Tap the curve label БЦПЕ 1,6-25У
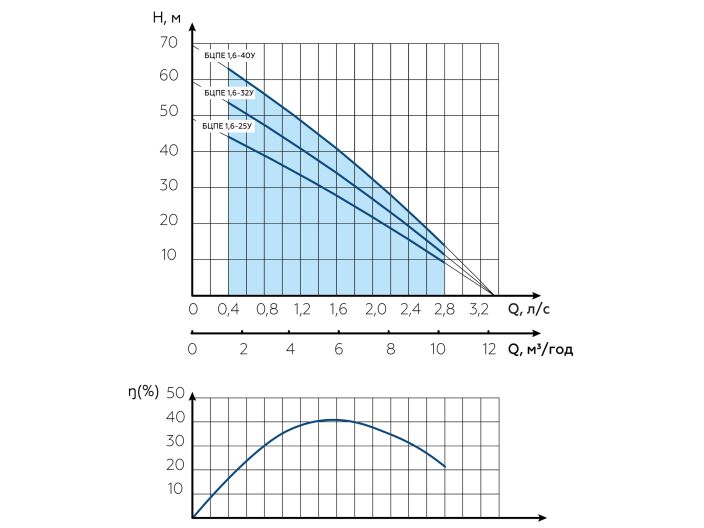(x=228, y=127)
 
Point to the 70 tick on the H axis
(x=168, y=43)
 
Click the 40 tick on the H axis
(x=168, y=150)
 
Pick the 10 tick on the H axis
(x=168, y=255)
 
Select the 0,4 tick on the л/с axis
(x=229, y=310)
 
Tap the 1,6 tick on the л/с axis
(x=338, y=310)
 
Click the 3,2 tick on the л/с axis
(x=481, y=310)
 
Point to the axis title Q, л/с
(x=529, y=310)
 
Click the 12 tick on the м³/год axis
(x=489, y=349)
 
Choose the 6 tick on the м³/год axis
(x=339, y=349)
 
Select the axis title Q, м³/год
(x=541, y=349)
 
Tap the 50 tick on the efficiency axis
(x=175, y=392)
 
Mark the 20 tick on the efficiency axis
(x=175, y=465)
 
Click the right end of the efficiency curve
(x=444, y=467)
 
